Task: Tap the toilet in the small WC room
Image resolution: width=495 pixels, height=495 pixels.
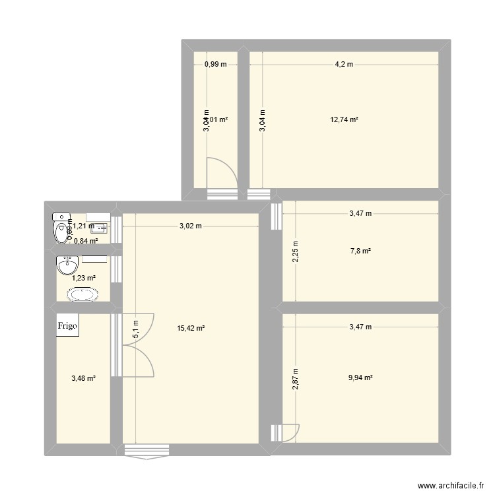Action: (61, 230)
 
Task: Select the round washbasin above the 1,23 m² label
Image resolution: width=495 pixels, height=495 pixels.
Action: (68, 267)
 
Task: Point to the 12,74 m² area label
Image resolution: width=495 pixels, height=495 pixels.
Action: (345, 120)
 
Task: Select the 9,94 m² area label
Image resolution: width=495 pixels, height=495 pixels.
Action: (360, 378)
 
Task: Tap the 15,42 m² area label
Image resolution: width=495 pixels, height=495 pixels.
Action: (190, 327)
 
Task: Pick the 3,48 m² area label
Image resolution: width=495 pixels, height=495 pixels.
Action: (83, 378)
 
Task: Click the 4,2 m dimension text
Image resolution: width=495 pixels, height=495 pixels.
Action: (344, 64)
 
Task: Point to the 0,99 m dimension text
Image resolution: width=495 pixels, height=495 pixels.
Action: (215, 64)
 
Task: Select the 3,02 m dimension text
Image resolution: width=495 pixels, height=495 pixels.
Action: (190, 226)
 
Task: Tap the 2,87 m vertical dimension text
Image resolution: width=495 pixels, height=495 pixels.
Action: (296, 379)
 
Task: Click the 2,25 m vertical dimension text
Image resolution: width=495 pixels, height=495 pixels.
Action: (296, 251)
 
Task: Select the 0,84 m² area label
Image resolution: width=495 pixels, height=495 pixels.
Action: (86, 241)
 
